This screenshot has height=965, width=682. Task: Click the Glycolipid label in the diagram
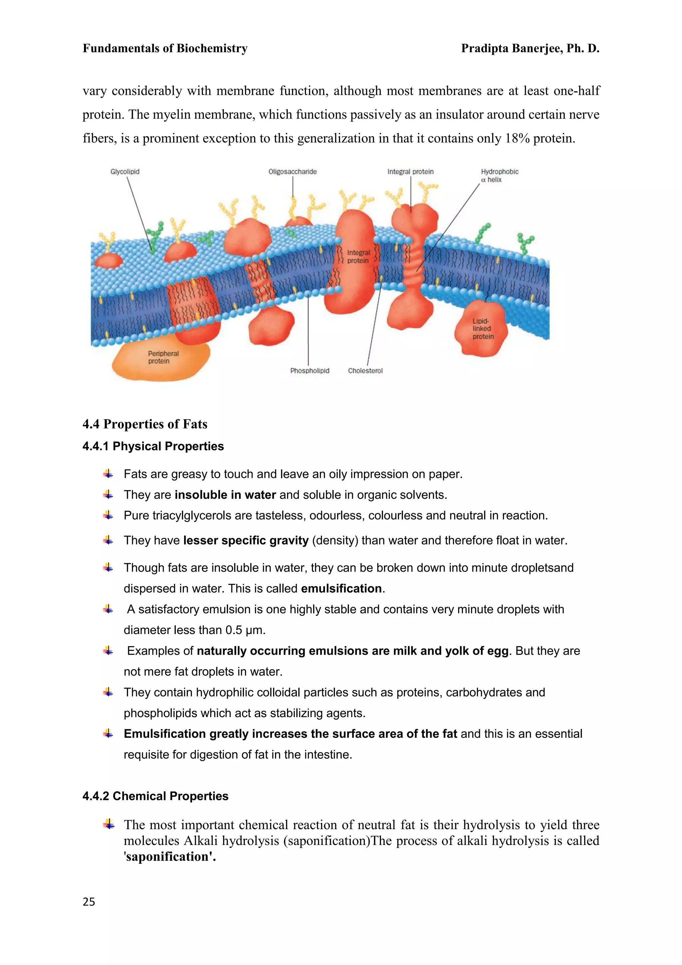tap(125, 172)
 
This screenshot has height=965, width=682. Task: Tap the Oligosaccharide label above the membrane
tap(292, 172)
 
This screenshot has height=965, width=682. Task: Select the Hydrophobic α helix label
tap(499, 175)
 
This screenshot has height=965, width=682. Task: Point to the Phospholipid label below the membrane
tap(309, 371)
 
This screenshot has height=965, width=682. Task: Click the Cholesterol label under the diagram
tap(365, 371)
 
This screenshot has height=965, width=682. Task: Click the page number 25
tap(89, 902)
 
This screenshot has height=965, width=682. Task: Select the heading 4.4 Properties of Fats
tap(145, 424)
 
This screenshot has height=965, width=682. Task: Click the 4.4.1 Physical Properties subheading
tap(153, 447)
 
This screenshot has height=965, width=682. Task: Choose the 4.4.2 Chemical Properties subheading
tap(156, 796)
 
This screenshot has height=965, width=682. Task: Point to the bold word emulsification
tap(341, 588)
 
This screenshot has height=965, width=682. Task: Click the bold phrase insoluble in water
tap(225, 495)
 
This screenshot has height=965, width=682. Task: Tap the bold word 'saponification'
tap(170, 857)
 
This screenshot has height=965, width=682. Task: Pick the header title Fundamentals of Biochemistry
tap(165, 48)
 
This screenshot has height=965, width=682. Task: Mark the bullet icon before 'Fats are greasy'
tap(108, 474)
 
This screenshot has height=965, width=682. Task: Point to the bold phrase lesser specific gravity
tap(246, 540)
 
